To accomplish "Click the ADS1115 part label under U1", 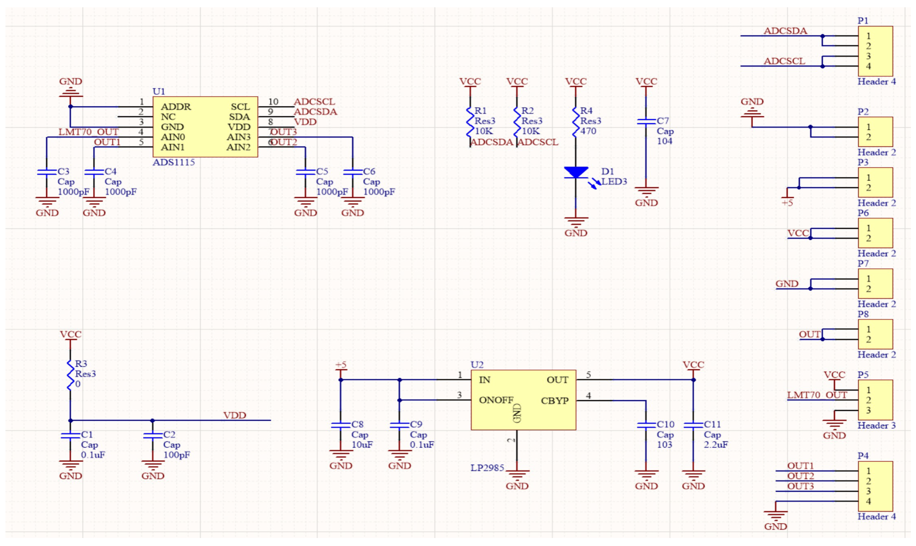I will (173, 162).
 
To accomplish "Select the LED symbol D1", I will (576, 172).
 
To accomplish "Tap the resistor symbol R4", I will (576, 121).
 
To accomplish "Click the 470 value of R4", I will (588, 131).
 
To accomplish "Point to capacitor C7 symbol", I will (646, 121).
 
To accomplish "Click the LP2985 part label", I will (487, 468).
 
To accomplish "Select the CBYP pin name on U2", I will (554, 401).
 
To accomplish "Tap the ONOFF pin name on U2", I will (496, 400).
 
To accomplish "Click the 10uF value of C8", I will (362, 444).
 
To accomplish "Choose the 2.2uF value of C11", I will (716, 444).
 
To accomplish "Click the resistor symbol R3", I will (70, 375).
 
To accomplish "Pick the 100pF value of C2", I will (177, 455).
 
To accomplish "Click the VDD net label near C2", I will (235, 416).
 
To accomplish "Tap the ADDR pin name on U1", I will (176, 107).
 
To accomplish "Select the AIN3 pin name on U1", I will (238, 137).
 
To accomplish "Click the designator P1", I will (863, 21).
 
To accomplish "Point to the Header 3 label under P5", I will (876, 425).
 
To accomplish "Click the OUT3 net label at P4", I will (800, 486).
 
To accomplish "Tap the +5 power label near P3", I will (787, 203).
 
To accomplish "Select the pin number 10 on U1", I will (273, 102).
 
